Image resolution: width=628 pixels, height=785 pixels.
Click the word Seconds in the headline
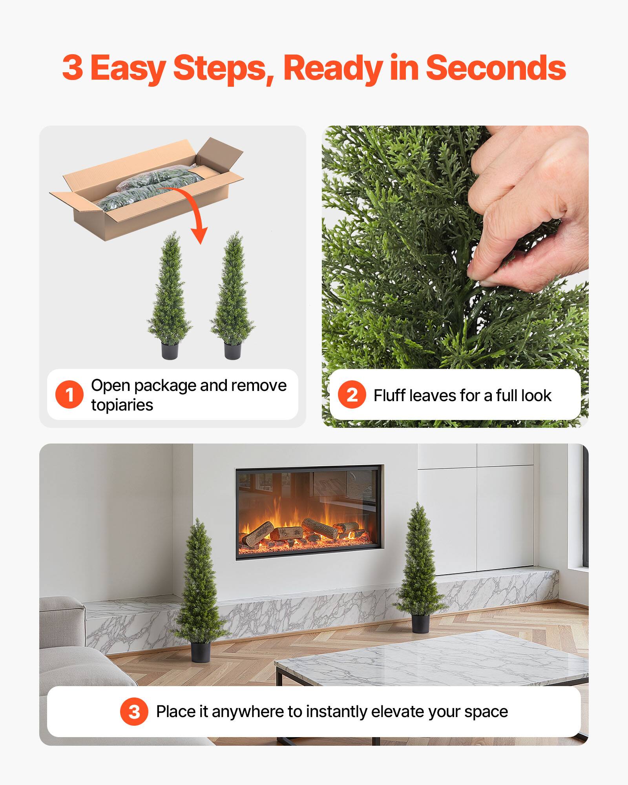click(x=496, y=68)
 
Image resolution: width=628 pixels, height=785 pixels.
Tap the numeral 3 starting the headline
click(x=73, y=68)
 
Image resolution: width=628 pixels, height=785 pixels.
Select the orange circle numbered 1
click(x=69, y=394)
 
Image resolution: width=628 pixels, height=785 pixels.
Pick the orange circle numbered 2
click(x=352, y=394)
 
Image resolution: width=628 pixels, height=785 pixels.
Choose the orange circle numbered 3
click(x=134, y=711)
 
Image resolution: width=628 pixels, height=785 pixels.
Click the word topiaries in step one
click(x=122, y=405)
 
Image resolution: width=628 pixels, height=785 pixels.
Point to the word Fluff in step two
click(x=390, y=395)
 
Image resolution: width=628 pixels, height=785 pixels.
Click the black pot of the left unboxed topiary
click(x=170, y=350)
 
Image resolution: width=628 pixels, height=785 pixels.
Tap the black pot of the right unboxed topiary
click(x=232, y=350)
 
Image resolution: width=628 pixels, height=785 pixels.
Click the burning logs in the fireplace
click(x=302, y=532)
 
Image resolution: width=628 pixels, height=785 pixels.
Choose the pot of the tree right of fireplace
click(x=419, y=623)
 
